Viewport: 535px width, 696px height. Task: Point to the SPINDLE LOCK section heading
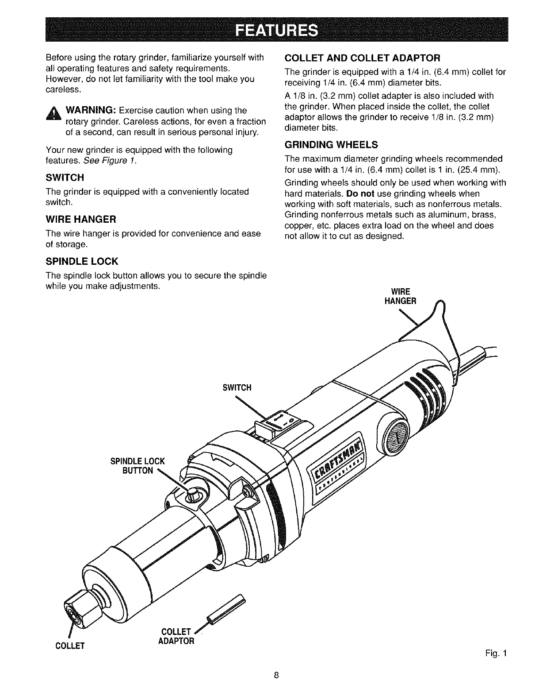(82, 261)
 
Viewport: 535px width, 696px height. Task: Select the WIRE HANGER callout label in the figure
(401, 296)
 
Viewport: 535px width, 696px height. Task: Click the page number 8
(276, 676)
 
